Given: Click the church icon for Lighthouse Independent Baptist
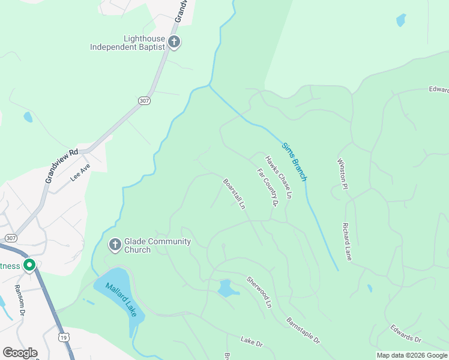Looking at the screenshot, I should [174, 42].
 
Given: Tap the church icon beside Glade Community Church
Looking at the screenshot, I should [115, 245].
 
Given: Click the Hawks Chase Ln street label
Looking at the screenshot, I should [279, 177].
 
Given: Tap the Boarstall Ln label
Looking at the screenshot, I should [234, 193].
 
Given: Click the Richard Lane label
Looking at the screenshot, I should [347, 241].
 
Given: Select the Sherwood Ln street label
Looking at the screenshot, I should [259, 292].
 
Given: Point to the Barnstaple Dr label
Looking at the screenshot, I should [303, 331].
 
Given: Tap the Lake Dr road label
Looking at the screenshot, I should [252, 343].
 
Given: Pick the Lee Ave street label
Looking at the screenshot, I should [80, 172].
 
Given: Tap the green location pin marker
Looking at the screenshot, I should [29, 265].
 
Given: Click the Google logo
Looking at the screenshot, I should [20, 353].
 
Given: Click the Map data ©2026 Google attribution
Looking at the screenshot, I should [412, 355].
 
